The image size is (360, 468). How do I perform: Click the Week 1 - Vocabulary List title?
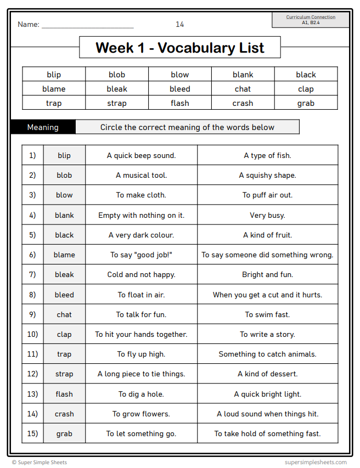click(179, 48)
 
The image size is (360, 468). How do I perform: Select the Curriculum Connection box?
click(311, 20)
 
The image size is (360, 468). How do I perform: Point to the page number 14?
click(179, 24)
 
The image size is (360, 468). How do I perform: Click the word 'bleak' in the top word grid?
click(117, 89)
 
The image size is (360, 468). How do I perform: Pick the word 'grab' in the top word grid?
click(306, 103)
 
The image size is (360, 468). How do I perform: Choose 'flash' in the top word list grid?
click(179, 103)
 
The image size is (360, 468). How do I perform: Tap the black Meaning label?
click(43, 127)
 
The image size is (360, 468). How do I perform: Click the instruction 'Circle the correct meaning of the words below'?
click(187, 127)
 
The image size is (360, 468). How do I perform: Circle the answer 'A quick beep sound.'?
click(141, 155)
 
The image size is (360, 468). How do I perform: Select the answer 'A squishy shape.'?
click(267, 176)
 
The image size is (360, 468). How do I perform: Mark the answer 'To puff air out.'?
click(267, 195)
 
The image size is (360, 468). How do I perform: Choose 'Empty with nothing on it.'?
click(141, 215)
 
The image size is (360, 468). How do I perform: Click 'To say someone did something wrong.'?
click(267, 255)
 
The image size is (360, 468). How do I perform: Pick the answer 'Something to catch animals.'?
click(267, 354)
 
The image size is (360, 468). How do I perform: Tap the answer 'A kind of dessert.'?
click(267, 374)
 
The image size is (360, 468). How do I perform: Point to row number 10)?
click(32, 334)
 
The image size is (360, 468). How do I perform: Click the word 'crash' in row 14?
click(64, 414)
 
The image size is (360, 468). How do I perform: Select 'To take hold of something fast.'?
click(267, 433)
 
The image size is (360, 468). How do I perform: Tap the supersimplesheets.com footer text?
click(316, 463)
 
